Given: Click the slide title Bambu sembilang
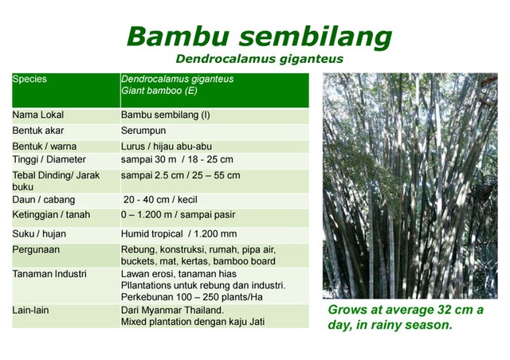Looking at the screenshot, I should point(259,37).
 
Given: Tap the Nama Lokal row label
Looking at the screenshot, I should point(38,115).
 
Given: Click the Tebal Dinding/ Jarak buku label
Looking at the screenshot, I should point(56,181).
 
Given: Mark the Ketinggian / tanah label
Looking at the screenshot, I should point(51,215).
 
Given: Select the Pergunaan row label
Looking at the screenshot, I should point(37,249).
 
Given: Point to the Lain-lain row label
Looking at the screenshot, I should point(31,310).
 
